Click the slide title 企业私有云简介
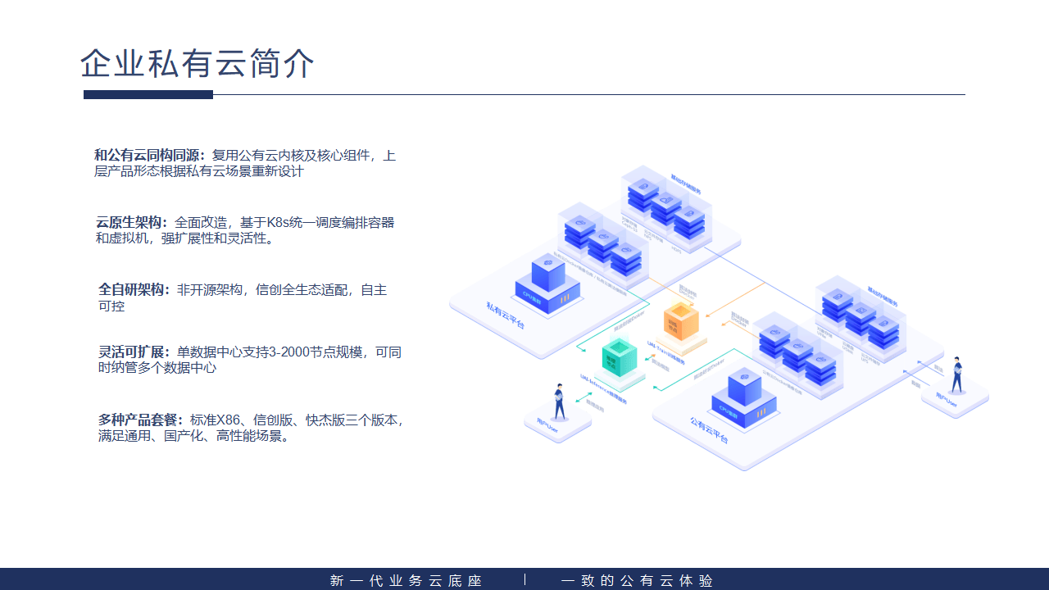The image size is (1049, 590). pos(198,64)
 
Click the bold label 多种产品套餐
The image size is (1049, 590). pos(142,420)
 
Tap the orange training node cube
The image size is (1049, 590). pos(681,320)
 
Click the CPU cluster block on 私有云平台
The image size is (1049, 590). pos(547,280)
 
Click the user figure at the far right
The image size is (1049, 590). pos(956,374)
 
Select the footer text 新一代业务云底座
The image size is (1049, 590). pos(406,581)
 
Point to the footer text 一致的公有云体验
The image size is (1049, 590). pos(637,581)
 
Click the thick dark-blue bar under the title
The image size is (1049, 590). pos(148,95)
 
